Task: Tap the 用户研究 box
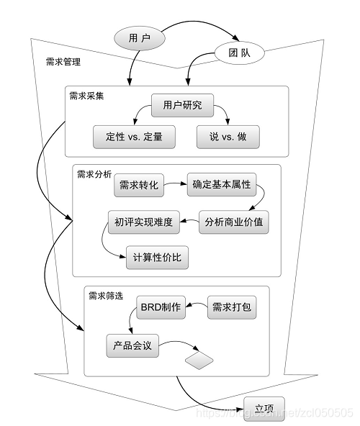tap(182, 106)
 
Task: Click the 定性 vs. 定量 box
tap(134, 137)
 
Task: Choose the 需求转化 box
tap(139, 185)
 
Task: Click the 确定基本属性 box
tap(221, 185)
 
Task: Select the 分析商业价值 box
tap(233, 222)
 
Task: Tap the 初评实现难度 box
tap(143, 222)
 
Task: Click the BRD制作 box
tap(161, 307)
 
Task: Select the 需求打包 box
tap(231, 307)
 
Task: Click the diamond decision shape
tap(201, 359)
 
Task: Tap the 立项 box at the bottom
tap(264, 404)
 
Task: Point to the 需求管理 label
tap(63, 63)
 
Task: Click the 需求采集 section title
tap(86, 95)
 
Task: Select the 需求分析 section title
tap(94, 173)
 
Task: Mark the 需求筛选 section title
tap(106, 295)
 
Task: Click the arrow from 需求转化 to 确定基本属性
tap(175, 185)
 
